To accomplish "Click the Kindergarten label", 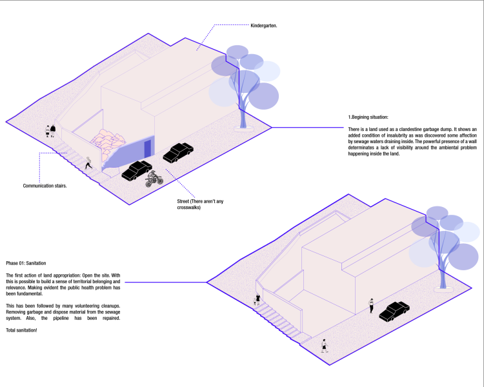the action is click(x=263, y=26).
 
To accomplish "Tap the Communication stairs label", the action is click(x=45, y=186).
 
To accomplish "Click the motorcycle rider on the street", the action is click(x=154, y=179).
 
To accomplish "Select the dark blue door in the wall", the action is click(x=148, y=149).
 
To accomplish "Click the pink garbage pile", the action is click(x=107, y=143).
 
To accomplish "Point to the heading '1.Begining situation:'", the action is click(x=368, y=117).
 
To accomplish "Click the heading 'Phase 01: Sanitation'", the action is click(x=26, y=263).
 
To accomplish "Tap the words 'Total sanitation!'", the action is click(x=21, y=330).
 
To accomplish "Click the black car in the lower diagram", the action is click(x=394, y=312).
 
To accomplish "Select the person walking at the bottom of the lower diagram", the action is click(x=324, y=346).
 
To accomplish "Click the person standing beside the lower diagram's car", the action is click(x=371, y=306).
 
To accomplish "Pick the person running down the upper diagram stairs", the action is click(x=88, y=163).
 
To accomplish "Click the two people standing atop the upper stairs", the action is click(x=50, y=131).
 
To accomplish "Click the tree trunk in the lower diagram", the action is click(x=443, y=272).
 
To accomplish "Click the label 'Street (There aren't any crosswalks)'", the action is click(x=200, y=204).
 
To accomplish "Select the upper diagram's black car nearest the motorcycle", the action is click(x=136, y=170).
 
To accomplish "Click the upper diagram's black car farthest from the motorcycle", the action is click(x=178, y=152).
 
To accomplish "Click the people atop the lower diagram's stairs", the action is click(x=257, y=300).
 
